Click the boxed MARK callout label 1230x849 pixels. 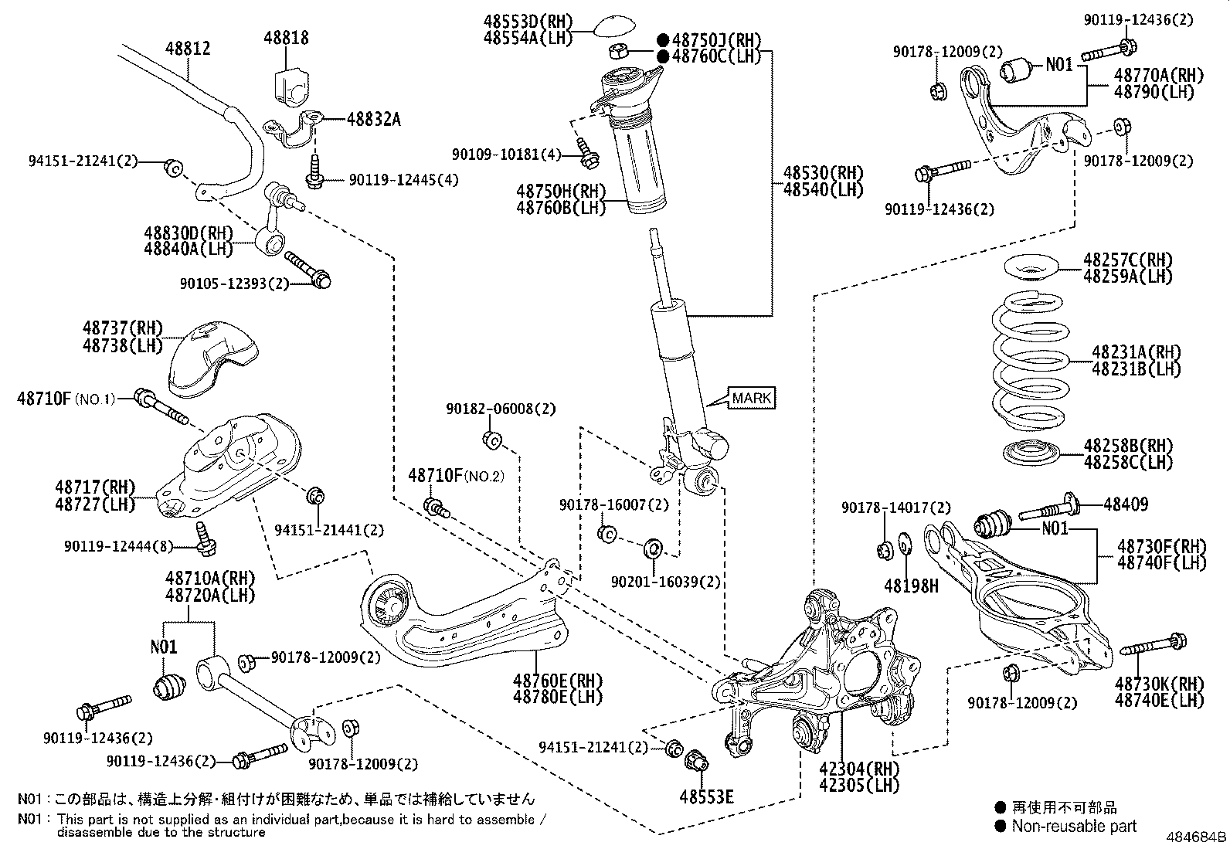(x=752, y=398)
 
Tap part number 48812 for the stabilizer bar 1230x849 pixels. (x=188, y=49)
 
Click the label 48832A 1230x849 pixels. (x=373, y=119)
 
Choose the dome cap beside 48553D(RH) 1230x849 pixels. (x=615, y=25)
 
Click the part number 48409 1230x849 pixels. (x=1126, y=504)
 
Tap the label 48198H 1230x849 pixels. (x=911, y=586)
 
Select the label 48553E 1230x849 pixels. (x=706, y=796)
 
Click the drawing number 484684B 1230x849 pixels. (x=1196, y=837)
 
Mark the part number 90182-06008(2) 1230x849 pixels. (x=501, y=409)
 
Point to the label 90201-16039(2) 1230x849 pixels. (x=665, y=582)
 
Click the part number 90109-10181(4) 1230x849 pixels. (x=506, y=155)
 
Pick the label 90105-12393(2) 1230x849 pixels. (x=234, y=284)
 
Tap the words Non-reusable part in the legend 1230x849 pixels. (x=1074, y=826)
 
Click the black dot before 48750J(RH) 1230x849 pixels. (x=664, y=39)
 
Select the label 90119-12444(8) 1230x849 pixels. (x=119, y=546)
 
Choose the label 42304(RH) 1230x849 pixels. (x=859, y=768)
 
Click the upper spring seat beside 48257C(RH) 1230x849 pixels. (x=1031, y=268)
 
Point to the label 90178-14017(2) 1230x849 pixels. (x=896, y=508)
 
